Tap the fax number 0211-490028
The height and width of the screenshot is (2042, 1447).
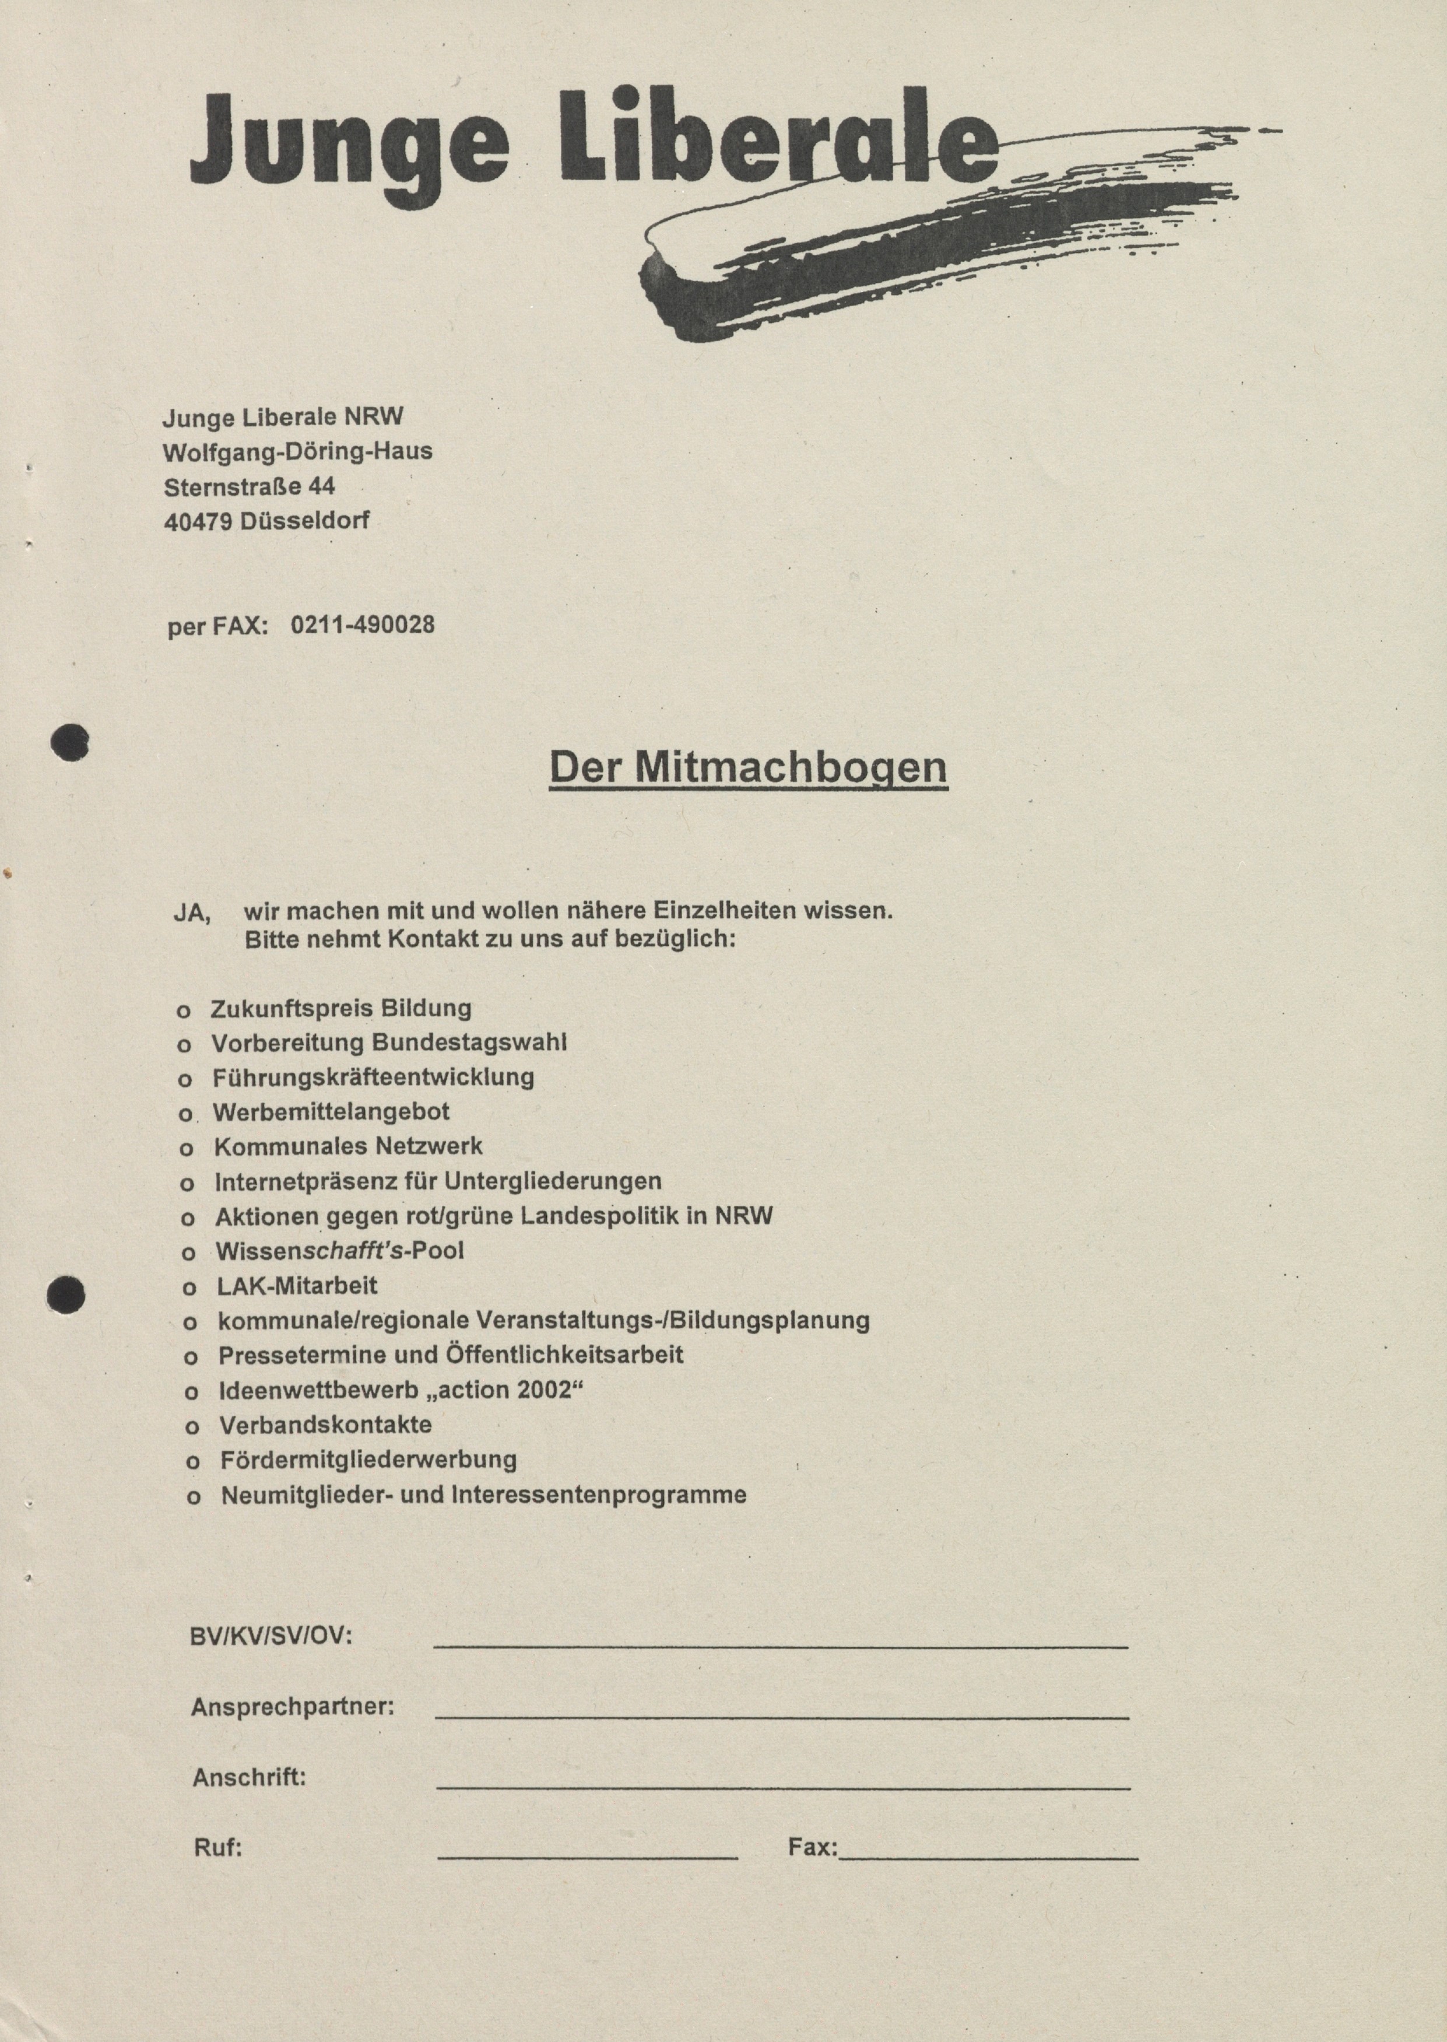(x=363, y=626)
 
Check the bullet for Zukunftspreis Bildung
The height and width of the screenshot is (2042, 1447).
(x=184, y=1011)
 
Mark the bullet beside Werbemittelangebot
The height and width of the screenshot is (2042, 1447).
(x=185, y=1114)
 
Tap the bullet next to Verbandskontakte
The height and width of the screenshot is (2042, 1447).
(x=191, y=1428)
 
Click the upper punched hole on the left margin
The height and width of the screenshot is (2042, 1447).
(x=69, y=742)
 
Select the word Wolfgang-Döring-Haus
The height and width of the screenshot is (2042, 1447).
(x=297, y=452)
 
